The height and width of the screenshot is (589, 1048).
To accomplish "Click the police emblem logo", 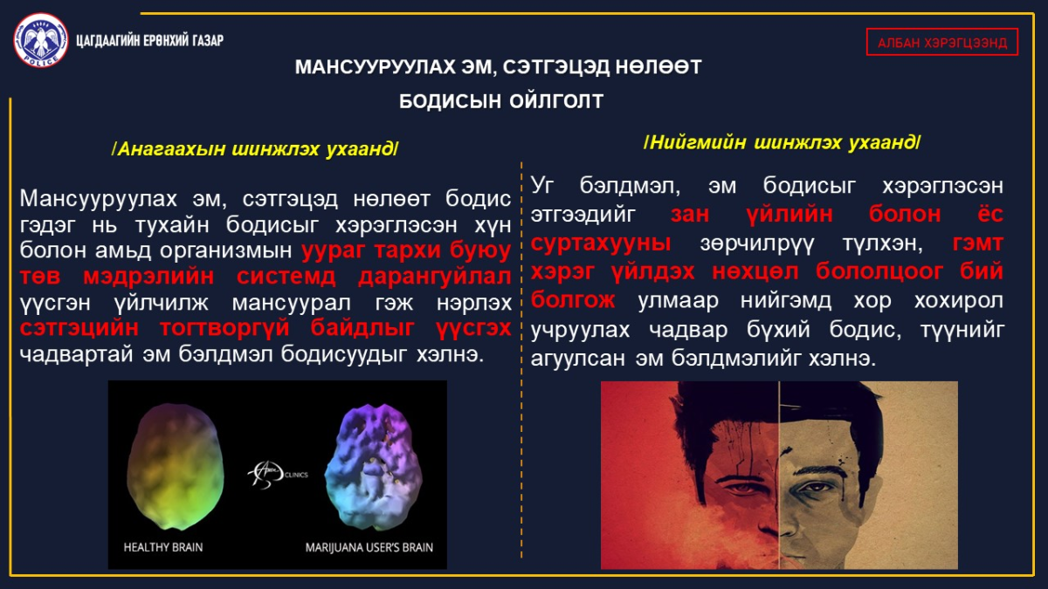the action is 41,40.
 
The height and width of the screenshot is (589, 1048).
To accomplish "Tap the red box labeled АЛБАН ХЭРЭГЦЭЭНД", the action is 941,42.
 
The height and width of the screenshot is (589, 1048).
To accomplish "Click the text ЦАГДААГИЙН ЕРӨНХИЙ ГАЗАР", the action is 149,41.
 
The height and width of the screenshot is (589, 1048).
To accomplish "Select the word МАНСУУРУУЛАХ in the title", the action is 376,67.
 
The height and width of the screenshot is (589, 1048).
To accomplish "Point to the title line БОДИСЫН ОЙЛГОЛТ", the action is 501,101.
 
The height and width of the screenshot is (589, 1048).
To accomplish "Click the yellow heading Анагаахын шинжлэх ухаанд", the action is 255,148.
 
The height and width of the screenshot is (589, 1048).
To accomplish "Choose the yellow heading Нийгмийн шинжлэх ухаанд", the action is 782,142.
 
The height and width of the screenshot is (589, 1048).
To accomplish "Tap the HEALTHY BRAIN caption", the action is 163,547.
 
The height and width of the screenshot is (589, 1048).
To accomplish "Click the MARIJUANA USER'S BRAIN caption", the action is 369,547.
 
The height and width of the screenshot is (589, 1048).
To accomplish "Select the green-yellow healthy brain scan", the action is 175,466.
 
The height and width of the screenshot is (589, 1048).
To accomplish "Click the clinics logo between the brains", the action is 278,475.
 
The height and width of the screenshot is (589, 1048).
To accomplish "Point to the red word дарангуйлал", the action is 434,277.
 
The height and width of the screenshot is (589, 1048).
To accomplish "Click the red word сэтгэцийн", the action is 79,328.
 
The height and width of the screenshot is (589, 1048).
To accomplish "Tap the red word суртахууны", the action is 601,243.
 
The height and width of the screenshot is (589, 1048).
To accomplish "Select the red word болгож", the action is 573,300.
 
